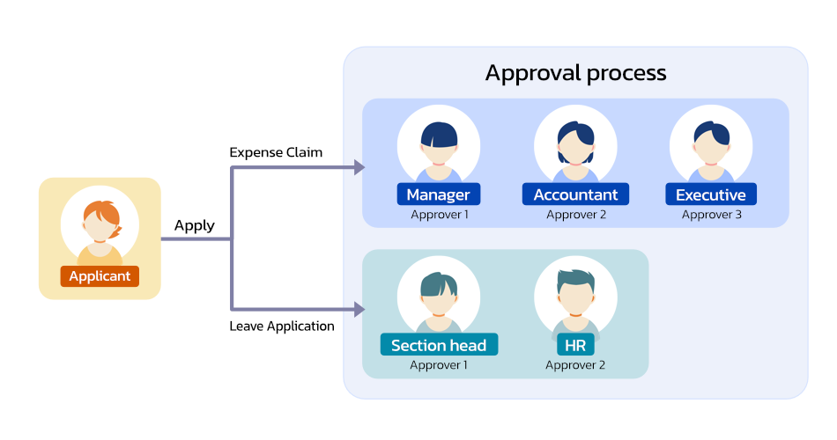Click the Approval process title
(x=575, y=72)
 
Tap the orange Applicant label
(x=100, y=276)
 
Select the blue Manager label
(x=438, y=194)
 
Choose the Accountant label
(x=575, y=194)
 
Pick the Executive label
(x=710, y=194)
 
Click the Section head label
(x=438, y=345)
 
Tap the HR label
(x=574, y=345)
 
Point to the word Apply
(x=194, y=225)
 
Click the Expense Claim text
(x=276, y=152)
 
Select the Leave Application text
(x=282, y=326)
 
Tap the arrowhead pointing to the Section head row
(x=359, y=309)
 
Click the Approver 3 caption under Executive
(x=711, y=214)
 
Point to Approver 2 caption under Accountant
(x=575, y=214)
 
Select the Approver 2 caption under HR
(x=574, y=364)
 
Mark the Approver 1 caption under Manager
(x=439, y=214)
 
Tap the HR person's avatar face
(x=574, y=297)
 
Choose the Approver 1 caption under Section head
(x=439, y=364)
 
